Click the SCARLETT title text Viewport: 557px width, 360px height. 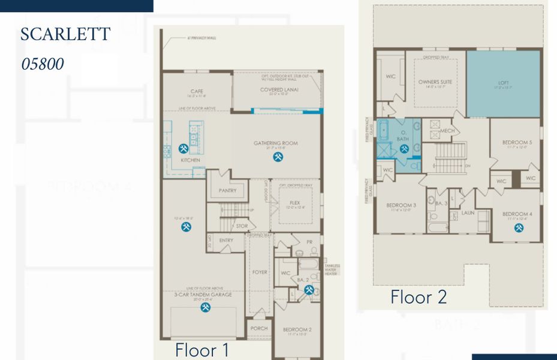65,34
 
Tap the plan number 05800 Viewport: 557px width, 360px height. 43,64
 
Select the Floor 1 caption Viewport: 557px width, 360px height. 201,350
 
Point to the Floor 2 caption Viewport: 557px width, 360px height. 418,296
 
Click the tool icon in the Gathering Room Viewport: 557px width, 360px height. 278,157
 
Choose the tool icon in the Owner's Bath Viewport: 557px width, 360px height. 403,148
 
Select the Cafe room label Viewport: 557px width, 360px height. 197,92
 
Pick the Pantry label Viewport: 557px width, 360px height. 227,191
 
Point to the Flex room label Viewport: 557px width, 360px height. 294,203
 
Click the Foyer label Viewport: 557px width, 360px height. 260,272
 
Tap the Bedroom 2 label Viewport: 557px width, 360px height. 297,329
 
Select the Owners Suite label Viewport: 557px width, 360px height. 435,82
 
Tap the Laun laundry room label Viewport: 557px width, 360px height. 468,212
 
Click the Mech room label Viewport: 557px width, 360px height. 447,131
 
